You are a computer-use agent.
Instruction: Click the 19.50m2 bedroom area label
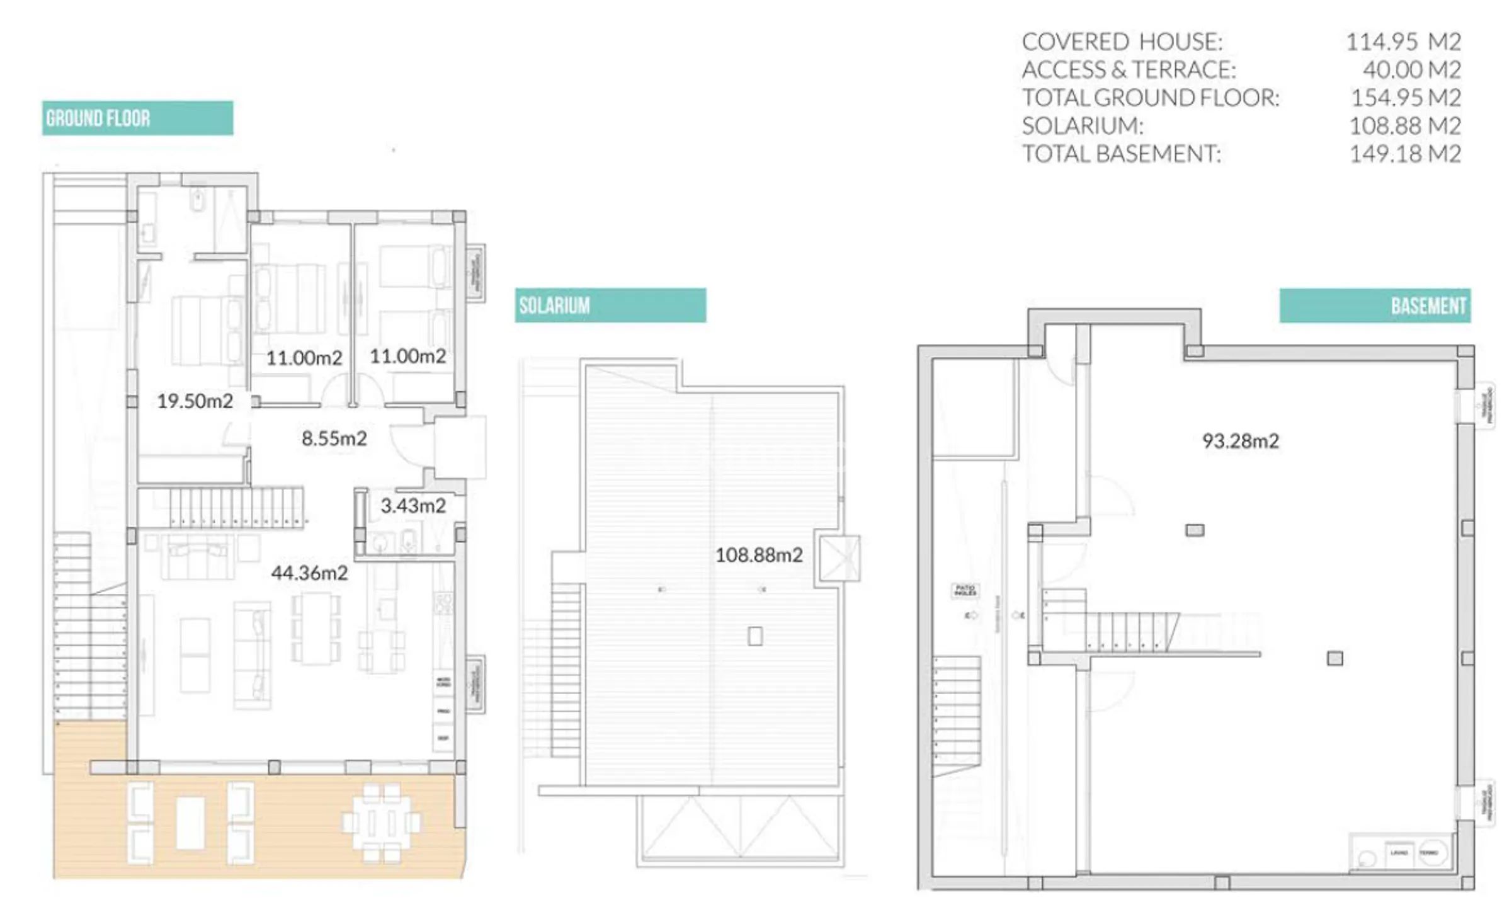(195, 401)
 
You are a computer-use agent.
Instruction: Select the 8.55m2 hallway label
(334, 438)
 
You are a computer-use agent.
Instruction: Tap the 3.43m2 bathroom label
(413, 506)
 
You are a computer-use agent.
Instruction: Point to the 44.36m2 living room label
(309, 573)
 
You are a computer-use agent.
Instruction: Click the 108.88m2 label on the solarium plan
(759, 555)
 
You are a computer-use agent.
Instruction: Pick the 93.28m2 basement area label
(1240, 441)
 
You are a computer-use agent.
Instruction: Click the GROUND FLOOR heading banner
(137, 118)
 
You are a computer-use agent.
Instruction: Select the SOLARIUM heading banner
(610, 305)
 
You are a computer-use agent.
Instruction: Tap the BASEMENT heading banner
(1374, 306)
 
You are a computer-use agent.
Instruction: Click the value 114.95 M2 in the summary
(1402, 42)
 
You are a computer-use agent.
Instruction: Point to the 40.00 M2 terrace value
(1411, 70)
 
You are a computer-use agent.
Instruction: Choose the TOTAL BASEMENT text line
(1121, 154)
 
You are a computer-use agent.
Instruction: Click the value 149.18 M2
(1404, 154)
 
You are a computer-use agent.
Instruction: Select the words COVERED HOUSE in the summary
(1122, 42)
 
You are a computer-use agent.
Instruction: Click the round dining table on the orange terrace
(382, 823)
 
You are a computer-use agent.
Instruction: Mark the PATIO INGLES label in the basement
(965, 590)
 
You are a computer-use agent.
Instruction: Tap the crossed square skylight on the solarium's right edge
(839, 558)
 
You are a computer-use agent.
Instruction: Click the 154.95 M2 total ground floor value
(1405, 98)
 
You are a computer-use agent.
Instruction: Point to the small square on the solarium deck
(755, 636)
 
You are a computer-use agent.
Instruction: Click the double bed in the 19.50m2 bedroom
(207, 331)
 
